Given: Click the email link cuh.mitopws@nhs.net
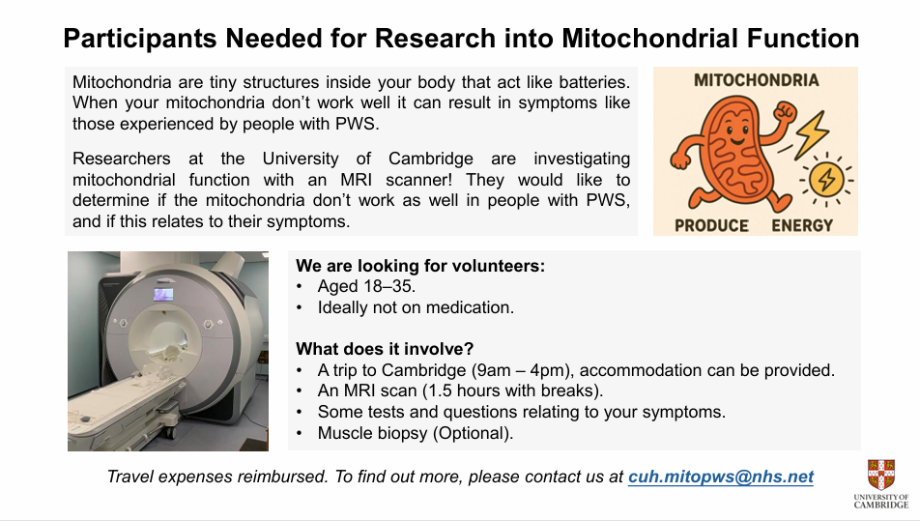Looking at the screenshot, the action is coord(721,477).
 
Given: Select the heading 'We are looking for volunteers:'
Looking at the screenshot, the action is coord(420,266).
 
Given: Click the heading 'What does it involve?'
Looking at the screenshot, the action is coord(385,349).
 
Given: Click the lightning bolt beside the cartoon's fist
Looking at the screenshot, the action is coord(812,134).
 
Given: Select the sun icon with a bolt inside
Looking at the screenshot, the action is coord(826,179).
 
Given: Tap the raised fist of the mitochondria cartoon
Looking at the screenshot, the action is coord(784,111).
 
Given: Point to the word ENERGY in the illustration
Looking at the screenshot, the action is coord(802,226).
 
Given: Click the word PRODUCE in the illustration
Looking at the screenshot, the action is coord(711,226).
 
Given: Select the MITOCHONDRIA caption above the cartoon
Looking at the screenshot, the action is coord(756,80).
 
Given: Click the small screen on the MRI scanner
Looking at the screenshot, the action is coord(163,295).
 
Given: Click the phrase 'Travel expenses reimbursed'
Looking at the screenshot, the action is coord(217,477).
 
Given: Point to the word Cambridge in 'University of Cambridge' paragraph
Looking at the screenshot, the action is coord(430,159).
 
